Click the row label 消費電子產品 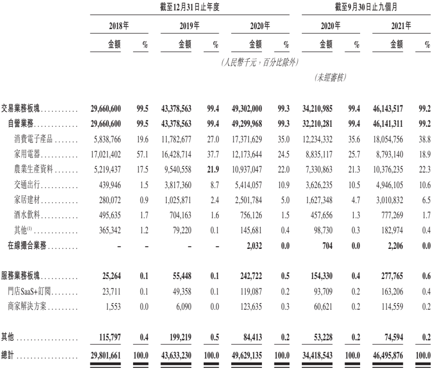[x=32, y=139]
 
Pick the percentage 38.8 [x=425, y=139]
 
